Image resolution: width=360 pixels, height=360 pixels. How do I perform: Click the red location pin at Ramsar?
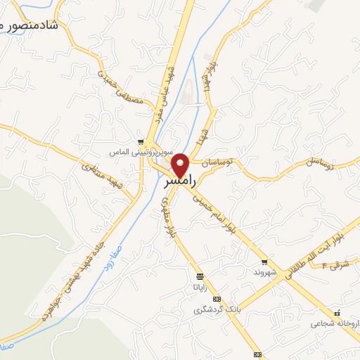(x=181, y=165)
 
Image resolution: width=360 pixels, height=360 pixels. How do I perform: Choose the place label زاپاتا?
(x=200, y=287)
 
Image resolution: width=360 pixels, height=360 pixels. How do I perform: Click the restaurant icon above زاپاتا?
(x=200, y=276)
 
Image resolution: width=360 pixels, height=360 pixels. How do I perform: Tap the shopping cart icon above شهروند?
(x=262, y=261)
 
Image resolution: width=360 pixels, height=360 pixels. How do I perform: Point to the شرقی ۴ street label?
(x=335, y=265)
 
